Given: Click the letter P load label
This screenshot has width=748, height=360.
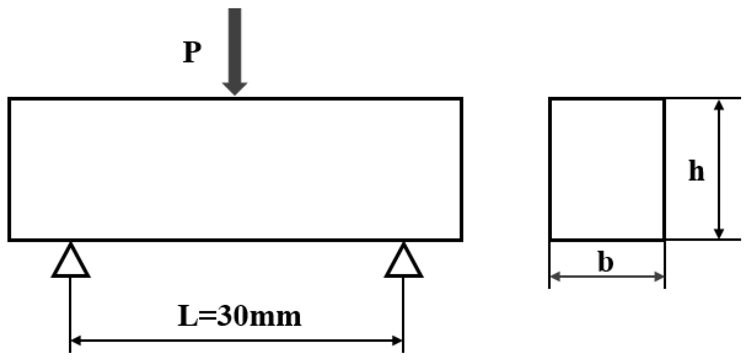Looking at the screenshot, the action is coord(192,53).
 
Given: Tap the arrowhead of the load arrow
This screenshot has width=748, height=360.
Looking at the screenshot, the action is coord(235,89).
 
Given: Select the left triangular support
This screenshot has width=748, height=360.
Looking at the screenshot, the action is coord(71,262).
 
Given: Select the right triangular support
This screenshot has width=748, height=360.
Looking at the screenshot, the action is coord(403,262).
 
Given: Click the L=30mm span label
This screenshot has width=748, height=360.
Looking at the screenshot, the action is coord(239,316).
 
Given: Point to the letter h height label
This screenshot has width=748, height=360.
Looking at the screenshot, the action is coord(696,171).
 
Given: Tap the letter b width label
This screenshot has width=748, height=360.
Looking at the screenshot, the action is coord(606,262).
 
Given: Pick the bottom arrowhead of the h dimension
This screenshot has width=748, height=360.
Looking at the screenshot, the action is coord(718,234).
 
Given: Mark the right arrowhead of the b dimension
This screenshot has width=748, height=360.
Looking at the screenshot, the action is coord(659,276).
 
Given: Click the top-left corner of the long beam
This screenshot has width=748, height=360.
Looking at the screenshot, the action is coord(9,99).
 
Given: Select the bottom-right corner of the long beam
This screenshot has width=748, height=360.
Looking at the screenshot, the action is coord(462,240).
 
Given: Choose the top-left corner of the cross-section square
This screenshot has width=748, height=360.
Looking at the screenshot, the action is coord(550,99).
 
